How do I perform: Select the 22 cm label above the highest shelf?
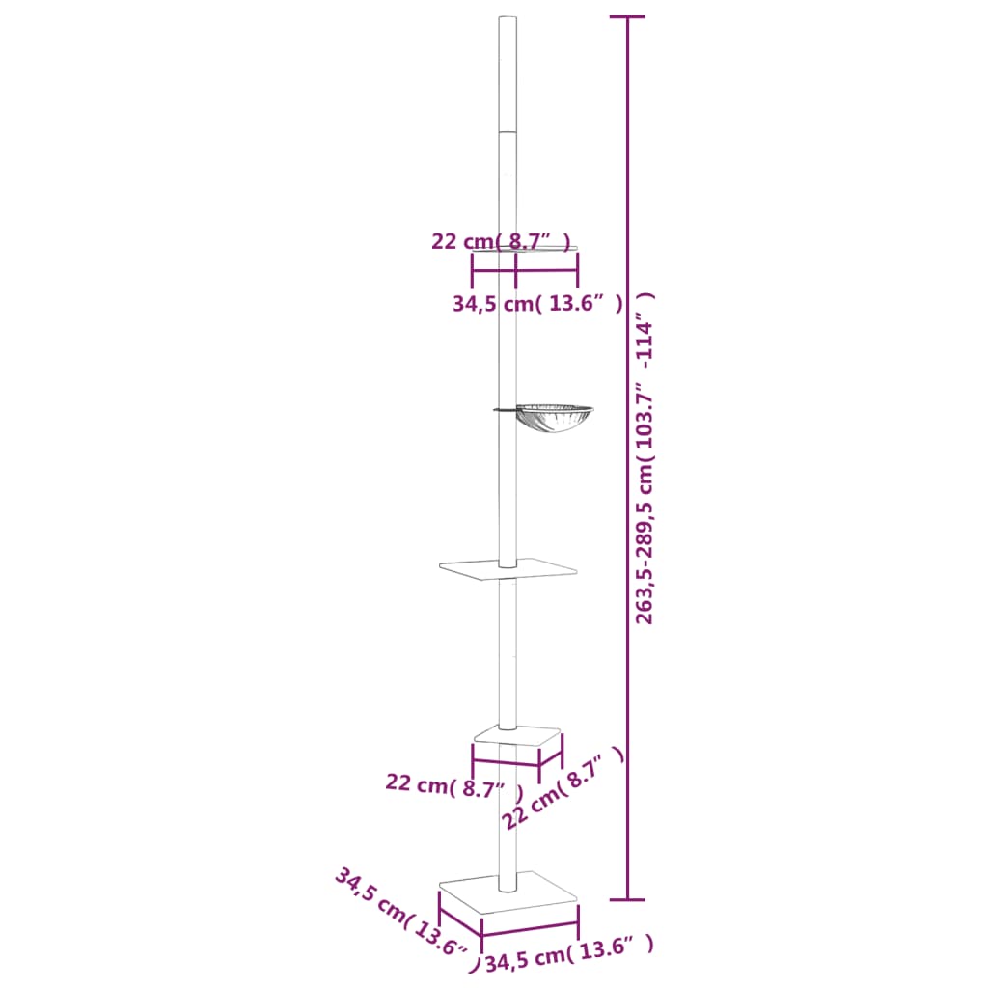pyautogui.click(x=501, y=240)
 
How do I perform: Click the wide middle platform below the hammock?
pyautogui.click(x=508, y=570)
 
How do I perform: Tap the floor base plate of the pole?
pyautogui.click(x=508, y=892)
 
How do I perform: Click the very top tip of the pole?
pyautogui.click(x=508, y=19)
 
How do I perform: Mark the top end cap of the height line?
pyautogui.click(x=628, y=17)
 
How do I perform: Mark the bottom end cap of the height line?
pyautogui.click(x=628, y=900)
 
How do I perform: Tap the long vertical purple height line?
pyautogui.click(x=628, y=675)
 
